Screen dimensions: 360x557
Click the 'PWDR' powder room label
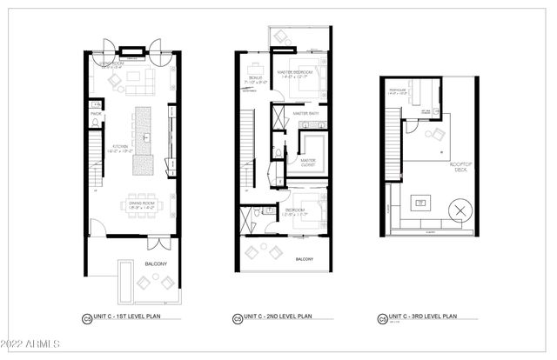coord(96,112)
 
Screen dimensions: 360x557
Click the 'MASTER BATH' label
coord(306,113)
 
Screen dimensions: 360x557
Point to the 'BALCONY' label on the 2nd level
coord(304,259)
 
